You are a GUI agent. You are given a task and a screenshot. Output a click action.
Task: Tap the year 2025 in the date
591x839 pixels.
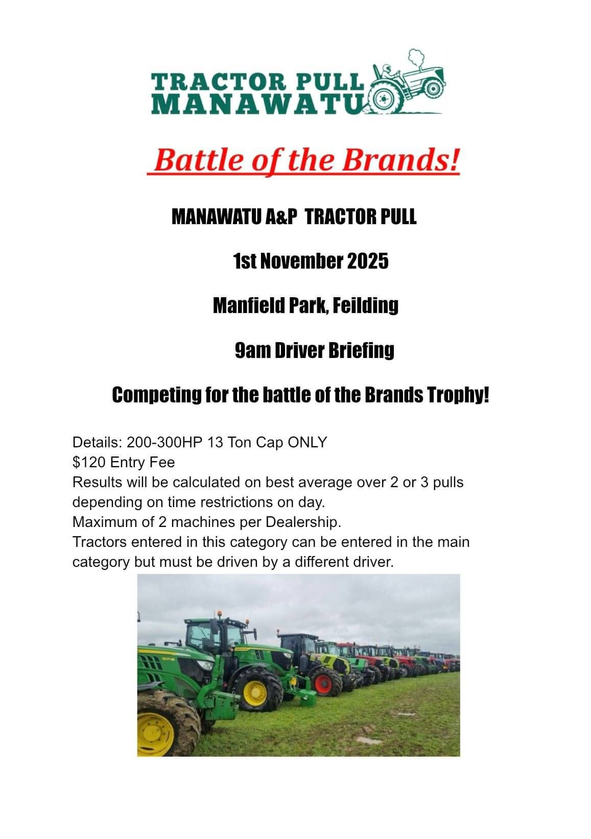click(x=367, y=261)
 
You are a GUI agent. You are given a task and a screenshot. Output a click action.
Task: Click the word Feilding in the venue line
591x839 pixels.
click(x=365, y=306)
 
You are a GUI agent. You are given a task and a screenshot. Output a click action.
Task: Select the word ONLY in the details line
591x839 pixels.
click(x=308, y=442)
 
